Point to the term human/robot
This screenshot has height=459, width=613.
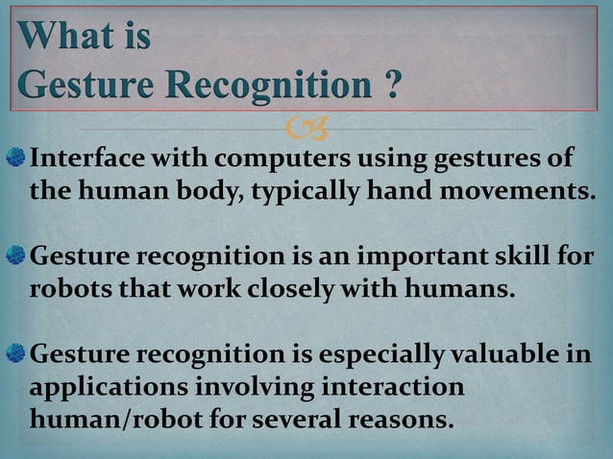[123, 421]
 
